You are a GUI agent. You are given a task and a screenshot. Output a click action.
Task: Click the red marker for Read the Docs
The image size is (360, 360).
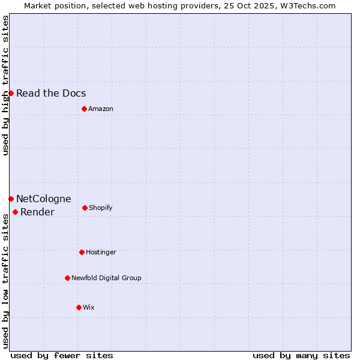pyautogui.click(x=11, y=93)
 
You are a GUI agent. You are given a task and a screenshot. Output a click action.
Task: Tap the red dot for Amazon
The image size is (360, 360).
pyautogui.click(x=84, y=109)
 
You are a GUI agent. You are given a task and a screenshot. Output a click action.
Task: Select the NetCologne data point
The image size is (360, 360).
pyautogui.click(x=11, y=199)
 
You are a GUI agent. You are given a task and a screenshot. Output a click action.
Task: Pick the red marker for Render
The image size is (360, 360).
pyautogui.click(x=15, y=212)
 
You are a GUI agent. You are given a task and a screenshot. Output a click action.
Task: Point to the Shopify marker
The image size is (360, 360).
pyautogui.click(x=85, y=208)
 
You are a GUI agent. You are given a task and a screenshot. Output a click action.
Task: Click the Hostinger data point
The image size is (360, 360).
pyautogui.click(x=82, y=252)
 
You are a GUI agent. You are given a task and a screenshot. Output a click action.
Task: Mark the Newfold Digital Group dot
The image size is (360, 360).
pyautogui.click(x=67, y=278)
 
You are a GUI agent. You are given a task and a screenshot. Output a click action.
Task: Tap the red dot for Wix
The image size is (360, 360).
pyautogui.click(x=79, y=307)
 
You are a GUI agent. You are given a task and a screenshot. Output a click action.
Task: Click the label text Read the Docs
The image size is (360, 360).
pyautogui.click(x=51, y=93)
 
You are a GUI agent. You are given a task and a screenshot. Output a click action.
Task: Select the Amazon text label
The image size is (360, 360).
pyautogui.click(x=101, y=109)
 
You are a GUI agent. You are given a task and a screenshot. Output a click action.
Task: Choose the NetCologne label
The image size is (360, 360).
pyautogui.click(x=43, y=199)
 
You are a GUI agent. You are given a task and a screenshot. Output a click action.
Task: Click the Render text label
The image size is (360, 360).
pyautogui.click(x=37, y=212)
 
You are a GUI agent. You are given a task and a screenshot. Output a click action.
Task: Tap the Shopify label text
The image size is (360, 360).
pyautogui.click(x=101, y=208)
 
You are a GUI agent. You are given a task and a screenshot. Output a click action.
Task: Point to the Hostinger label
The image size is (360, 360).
pyautogui.click(x=101, y=252)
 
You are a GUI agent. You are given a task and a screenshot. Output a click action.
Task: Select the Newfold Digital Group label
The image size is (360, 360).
pyautogui.click(x=106, y=278)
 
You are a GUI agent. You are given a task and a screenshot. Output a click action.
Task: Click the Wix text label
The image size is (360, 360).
pyautogui.click(x=89, y=307)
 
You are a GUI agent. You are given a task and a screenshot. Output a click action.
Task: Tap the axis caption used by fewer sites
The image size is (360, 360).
pyautogui.click(x=62, y=355)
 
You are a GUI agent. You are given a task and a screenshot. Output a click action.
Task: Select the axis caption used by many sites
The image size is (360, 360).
pyautogui.click(x=301, y=355)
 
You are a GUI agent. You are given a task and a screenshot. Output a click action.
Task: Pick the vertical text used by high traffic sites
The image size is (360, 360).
pyautogui.click(x=5, y=85)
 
